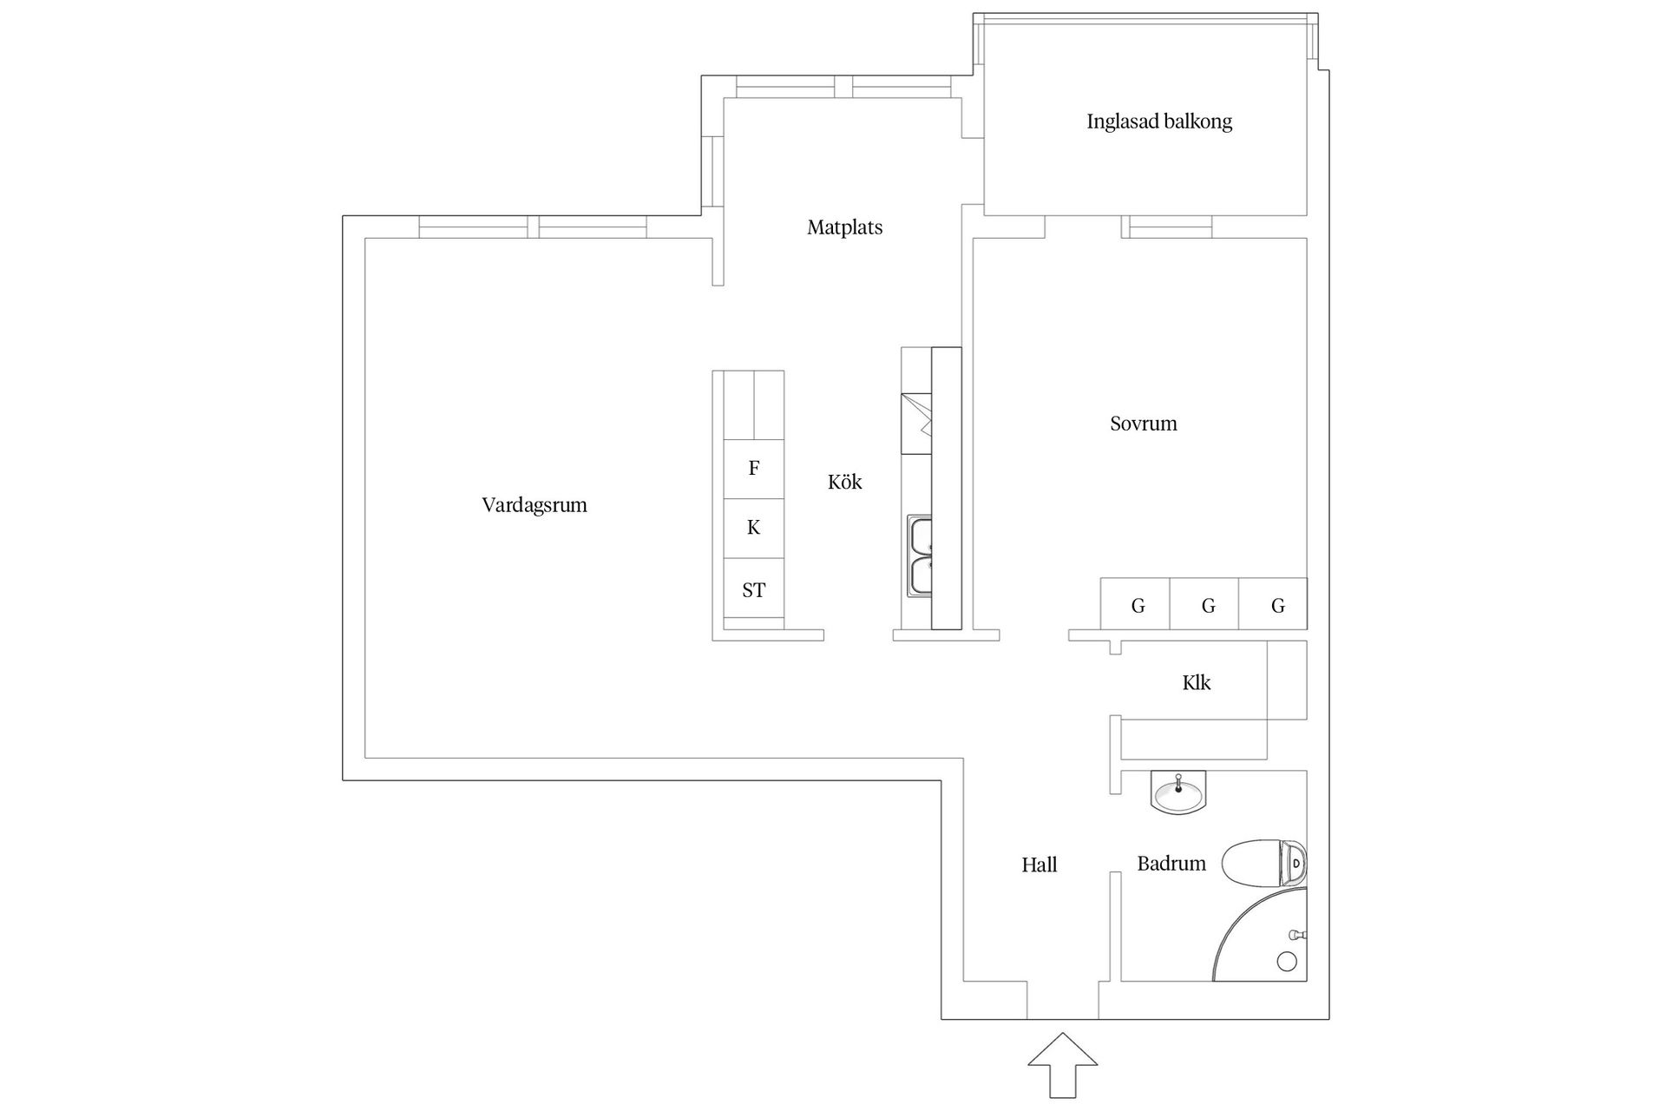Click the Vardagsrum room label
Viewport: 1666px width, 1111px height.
535,505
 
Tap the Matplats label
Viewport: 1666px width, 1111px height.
844,227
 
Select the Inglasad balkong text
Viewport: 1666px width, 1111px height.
1158,122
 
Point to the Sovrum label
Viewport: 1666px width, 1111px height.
1143,424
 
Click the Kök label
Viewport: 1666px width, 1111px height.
844,483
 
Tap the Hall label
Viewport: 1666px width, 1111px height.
1039,865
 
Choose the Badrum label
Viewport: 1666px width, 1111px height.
1171,864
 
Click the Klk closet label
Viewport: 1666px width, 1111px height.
1196,683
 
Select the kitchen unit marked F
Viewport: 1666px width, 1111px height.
753,469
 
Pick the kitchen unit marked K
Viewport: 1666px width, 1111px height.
753,528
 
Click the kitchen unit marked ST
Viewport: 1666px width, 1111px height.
753,590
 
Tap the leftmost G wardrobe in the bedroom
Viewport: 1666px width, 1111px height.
1137,605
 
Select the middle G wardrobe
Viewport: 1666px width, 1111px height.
1206,605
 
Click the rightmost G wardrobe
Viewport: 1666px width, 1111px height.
1276,605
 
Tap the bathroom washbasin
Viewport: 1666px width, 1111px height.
1177,792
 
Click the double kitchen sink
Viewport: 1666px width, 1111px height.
920,556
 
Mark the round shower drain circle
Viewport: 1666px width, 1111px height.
1287,961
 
